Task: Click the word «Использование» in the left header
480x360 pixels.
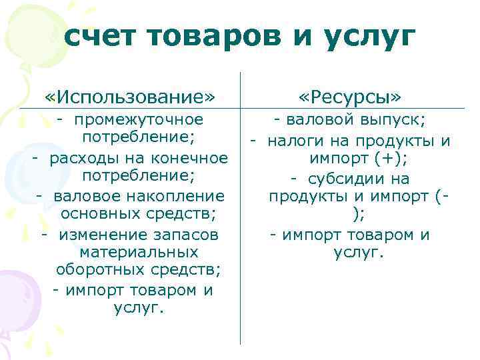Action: click(131, 97)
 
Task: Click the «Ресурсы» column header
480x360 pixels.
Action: click(351, 97)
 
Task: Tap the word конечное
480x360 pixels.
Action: click(187, 158)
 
